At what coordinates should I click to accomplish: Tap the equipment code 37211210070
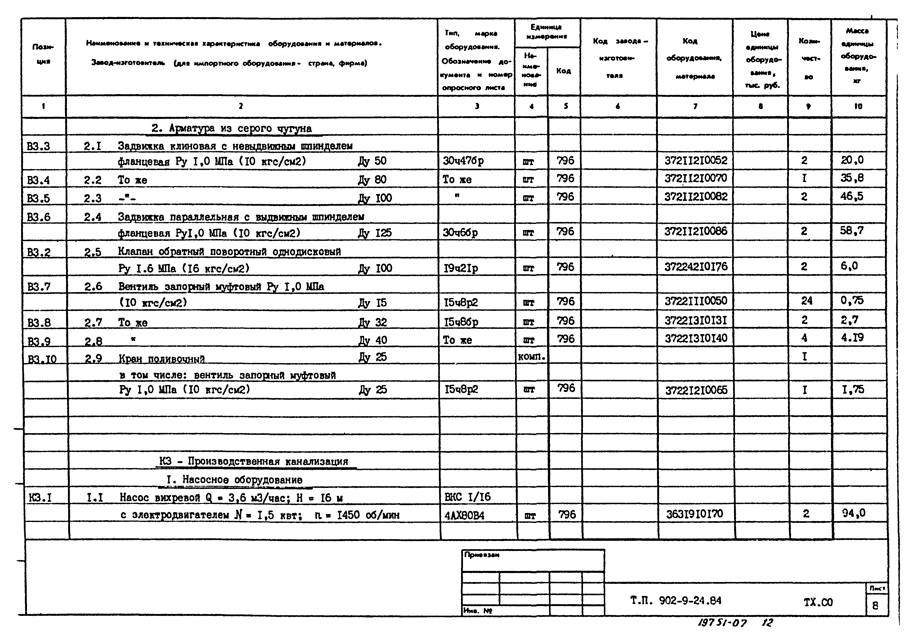pyautogui.click(x=695, y=178)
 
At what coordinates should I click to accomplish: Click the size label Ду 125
pyautogui.click(x=375, y=233)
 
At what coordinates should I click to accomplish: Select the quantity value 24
pyautogui.click(x=807, y=301)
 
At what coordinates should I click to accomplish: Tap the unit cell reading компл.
pyautogui.click(x=532, y=357)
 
